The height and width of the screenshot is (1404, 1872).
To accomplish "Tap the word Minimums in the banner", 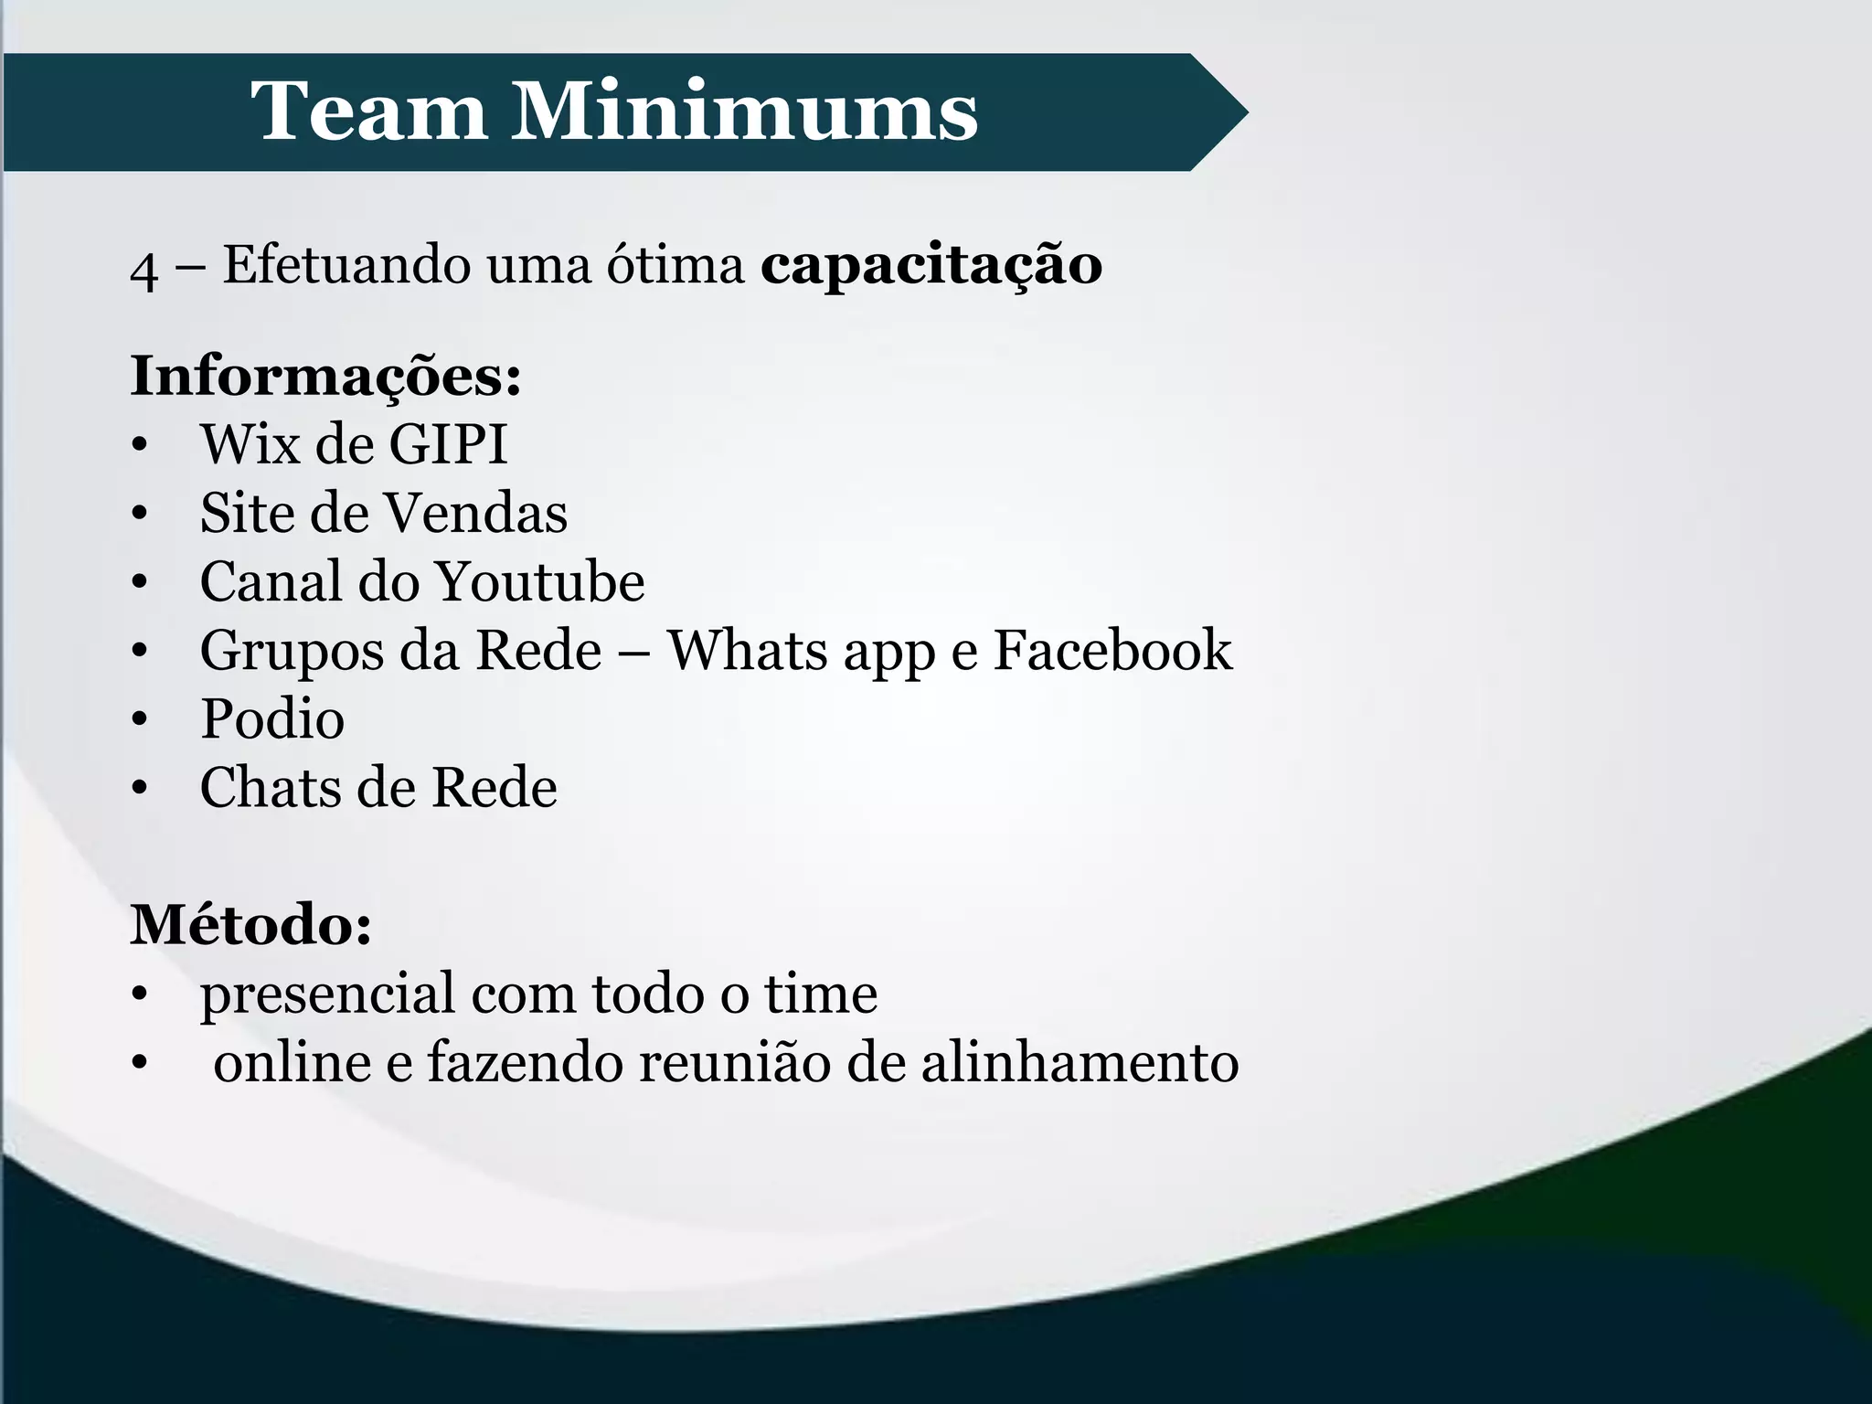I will point(743,112).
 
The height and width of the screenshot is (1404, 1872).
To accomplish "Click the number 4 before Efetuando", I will point(144,271).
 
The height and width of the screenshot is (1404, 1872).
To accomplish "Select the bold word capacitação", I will point(931,266).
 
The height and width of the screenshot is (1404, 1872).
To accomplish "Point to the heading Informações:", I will point(326,376).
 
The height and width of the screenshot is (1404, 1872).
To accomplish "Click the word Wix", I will point(250,444).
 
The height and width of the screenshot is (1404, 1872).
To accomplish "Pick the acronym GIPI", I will point(448,444).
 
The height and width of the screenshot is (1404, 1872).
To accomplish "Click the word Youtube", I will point(538,581).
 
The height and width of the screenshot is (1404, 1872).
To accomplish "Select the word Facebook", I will point(1112,650).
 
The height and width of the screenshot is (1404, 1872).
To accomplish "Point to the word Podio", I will point(272,718).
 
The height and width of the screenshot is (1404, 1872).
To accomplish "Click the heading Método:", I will point(251,924).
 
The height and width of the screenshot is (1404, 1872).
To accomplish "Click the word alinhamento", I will point(1080,1062).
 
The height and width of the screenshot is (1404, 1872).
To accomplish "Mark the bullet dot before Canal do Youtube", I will point(139,582).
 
